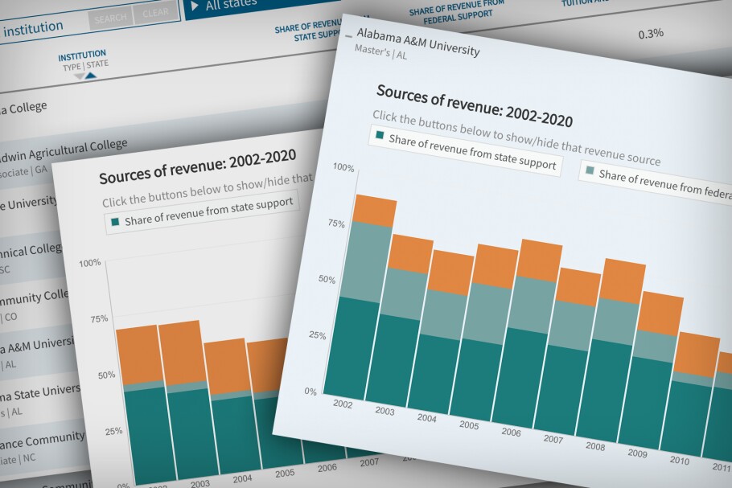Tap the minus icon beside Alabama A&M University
tap(347, 37)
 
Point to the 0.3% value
tap(650, 34)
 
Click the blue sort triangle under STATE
tap(90, 76)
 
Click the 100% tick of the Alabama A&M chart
tap(343, 167)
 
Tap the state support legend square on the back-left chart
tap(115, 221)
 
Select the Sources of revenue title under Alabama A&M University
tap(475, 106)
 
